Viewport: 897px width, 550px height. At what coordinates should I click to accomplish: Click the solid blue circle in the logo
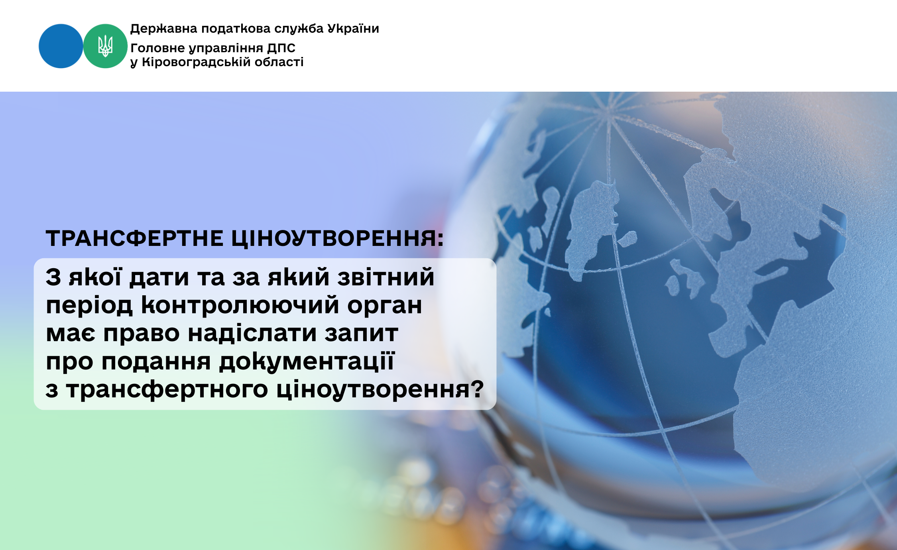click(x=61, y=46)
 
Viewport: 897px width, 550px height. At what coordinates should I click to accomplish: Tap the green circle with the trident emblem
click(x=105, y=46)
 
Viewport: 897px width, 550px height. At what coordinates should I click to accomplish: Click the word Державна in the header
click(x=164, y=29)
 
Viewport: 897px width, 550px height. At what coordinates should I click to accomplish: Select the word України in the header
click(x=353, y=28)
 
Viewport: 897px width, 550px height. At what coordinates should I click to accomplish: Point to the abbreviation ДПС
click(x=281, y=48)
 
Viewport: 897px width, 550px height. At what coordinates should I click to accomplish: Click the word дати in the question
click(x=159, y=277)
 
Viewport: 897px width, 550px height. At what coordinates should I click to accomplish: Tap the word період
click(x=89, y=306)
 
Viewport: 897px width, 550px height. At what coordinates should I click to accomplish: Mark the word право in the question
click(x=142, y=334)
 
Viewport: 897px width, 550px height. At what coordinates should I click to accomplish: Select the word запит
click(x=361, y=333)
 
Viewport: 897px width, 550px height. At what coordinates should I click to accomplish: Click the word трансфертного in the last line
click(x=167, y=390)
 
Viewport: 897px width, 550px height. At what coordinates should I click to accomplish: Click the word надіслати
click(x=252, y=333)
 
